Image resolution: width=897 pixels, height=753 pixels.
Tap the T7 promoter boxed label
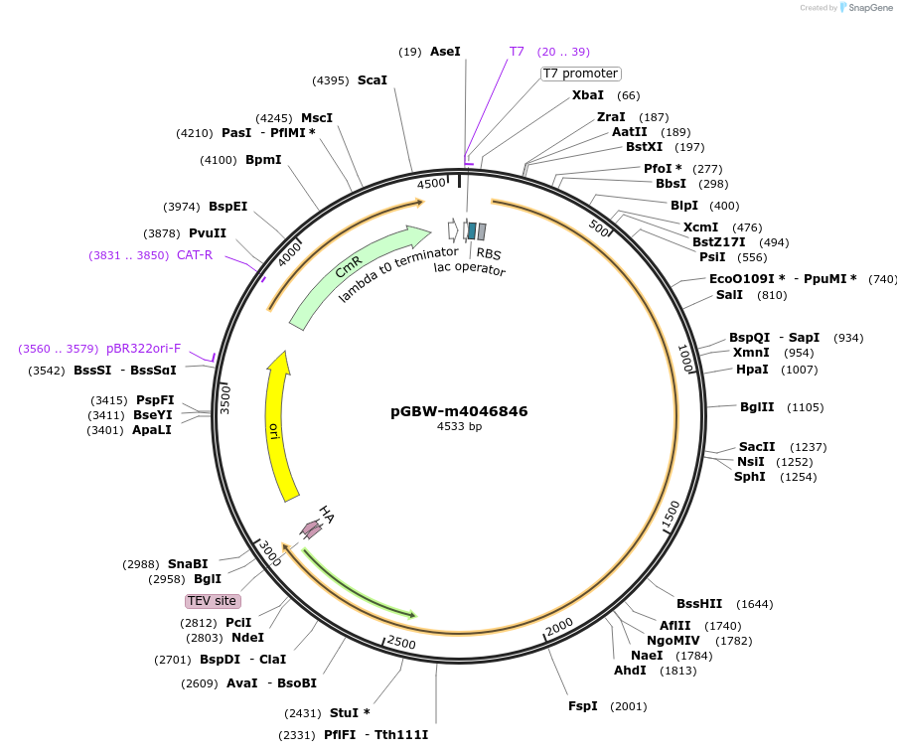(x=580, y=74)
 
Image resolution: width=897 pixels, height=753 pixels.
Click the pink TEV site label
(x=213, y=601)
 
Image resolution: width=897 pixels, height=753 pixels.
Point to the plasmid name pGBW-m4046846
(x=459, y=411)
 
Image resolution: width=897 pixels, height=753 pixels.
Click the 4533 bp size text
(x=459, y=427)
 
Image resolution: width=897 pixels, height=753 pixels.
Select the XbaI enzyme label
(x=587, y=95)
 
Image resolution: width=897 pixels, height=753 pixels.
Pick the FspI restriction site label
(x=582, y=706)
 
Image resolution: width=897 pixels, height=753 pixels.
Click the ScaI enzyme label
(x=373, y=80)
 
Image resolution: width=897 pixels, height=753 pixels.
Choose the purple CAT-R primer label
(x=195, y=255)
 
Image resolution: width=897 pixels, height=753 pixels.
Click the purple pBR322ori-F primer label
(x=144, y=349)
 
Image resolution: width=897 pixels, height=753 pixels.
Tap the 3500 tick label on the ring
(x=225, y=398)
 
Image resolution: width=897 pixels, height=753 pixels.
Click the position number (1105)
(x=806, y=407)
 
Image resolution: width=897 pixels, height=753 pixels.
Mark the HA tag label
(x=326, y=514)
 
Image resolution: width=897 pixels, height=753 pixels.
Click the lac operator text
(x=470, y=269)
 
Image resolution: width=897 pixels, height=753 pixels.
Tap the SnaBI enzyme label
(x=188, y=564)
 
